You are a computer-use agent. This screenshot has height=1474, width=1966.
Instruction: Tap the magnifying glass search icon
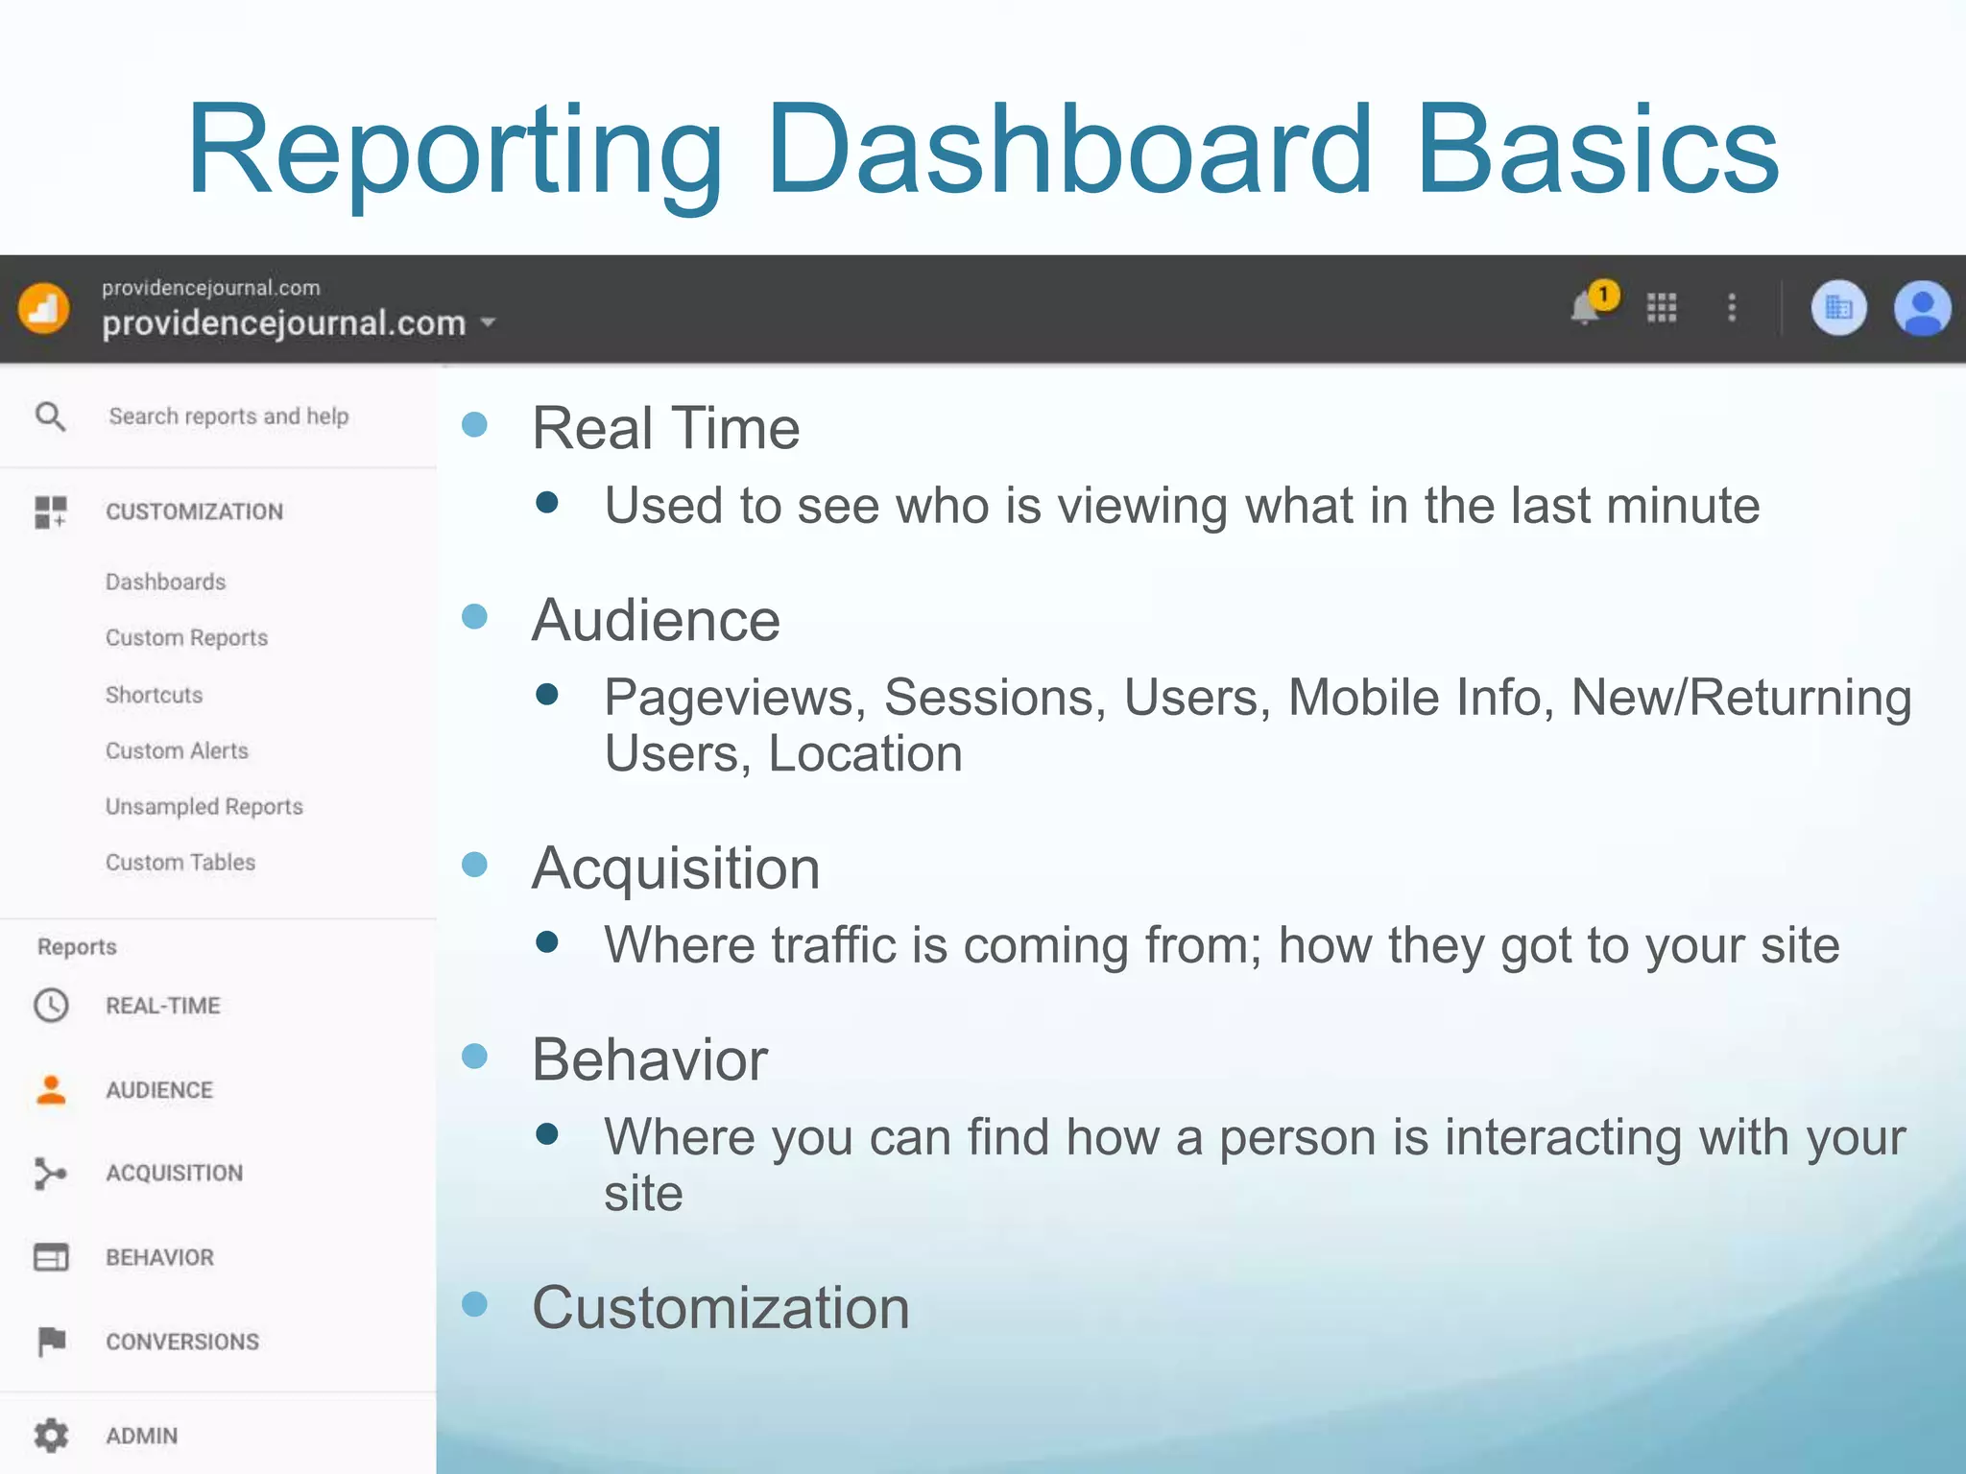(50, 416)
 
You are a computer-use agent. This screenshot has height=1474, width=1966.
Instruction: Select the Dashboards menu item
(166, 582)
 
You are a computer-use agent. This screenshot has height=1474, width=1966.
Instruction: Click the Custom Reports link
(186, 637)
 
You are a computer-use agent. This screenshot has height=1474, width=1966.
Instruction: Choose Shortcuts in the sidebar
(154, 694)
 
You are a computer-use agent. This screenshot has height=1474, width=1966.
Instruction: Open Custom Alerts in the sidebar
(177, 750)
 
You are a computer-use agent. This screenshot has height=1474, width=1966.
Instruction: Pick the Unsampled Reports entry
(204, 806)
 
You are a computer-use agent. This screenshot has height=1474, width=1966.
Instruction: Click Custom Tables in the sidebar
(180, 862)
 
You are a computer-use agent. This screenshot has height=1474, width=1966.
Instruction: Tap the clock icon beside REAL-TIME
(51, 1005)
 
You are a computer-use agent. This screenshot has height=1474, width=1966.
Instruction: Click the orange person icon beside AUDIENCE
(51, 1089)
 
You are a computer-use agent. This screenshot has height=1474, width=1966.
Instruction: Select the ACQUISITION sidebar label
(174, 1173)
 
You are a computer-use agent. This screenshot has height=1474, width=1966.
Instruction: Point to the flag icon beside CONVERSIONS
(51, 1341)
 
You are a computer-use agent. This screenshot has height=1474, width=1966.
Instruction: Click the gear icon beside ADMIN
(51, 1435)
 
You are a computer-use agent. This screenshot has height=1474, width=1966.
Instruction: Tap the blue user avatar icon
(1921, 309)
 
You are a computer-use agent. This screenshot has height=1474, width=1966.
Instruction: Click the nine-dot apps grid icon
(1662, 308)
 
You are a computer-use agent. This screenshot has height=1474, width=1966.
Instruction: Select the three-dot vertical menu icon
(1732, 308)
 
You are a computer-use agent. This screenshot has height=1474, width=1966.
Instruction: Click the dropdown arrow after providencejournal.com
(489, 322)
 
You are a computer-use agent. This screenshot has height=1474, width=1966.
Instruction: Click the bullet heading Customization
(721, 1307)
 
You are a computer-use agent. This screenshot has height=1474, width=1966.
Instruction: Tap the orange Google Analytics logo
(43, 309)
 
